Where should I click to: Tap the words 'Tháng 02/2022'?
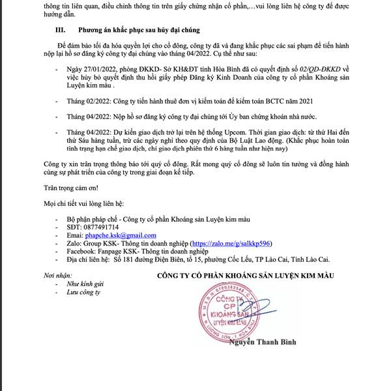[89, 102]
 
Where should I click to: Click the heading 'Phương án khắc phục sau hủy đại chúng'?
[138, 31]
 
